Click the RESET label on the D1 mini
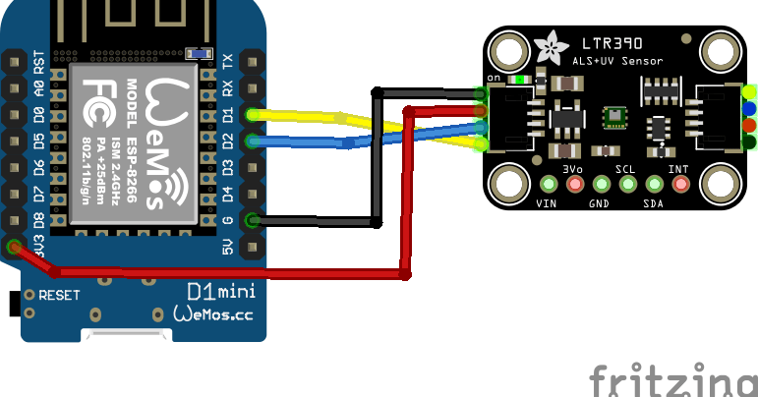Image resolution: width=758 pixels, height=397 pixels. point(59,295)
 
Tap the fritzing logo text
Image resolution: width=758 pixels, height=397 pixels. point(672,379)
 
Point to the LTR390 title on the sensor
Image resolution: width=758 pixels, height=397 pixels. point(611,45)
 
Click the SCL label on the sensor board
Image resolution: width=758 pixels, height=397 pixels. point(625,169)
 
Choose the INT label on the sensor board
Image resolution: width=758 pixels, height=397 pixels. point(678,169)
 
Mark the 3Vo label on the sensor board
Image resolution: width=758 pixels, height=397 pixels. point(573,169)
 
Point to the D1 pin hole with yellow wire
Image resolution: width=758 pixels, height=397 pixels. point(253,115)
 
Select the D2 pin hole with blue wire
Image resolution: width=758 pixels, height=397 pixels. point(253,142)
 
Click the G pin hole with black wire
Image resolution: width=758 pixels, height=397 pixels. point(253,220)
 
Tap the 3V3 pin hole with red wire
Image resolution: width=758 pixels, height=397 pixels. point(14,247)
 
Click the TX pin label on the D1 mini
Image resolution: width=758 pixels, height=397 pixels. point(228,62)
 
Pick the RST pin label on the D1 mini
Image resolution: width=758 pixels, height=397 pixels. point(39,62)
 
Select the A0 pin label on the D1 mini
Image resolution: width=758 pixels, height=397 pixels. point(39,88)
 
